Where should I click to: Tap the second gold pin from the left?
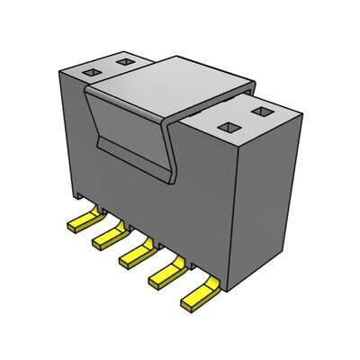[107, 235]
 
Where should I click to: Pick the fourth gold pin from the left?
[166, 272]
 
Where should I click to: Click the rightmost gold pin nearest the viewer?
[198, 292]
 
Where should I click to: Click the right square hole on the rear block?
[122, 62]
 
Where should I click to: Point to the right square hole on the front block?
[262, 112]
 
